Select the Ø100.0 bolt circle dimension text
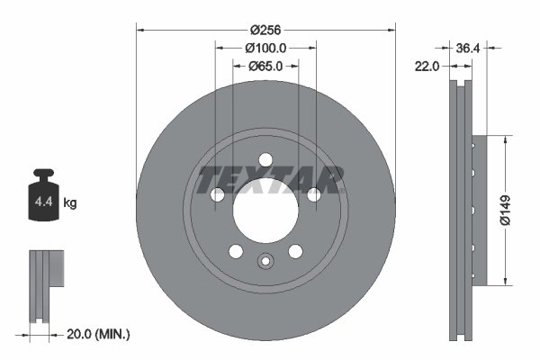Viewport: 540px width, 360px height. click(265, 48)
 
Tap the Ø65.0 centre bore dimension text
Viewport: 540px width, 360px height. click(265, 66)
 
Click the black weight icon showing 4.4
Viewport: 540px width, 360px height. click(46, 191)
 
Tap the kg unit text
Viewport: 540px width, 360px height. click(70, 203)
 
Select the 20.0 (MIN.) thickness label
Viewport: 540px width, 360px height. click(99, 334)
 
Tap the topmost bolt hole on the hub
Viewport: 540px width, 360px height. click(265, 160)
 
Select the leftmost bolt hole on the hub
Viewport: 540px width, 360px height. click(217, 195)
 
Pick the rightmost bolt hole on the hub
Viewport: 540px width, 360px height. click(314, 195)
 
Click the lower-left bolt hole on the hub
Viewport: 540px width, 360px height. click(236, 252)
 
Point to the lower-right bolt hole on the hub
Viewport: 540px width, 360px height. click(296, 252)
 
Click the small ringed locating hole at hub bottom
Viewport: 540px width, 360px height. click(265, 262)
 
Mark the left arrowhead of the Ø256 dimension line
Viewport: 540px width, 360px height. click(139, 29)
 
